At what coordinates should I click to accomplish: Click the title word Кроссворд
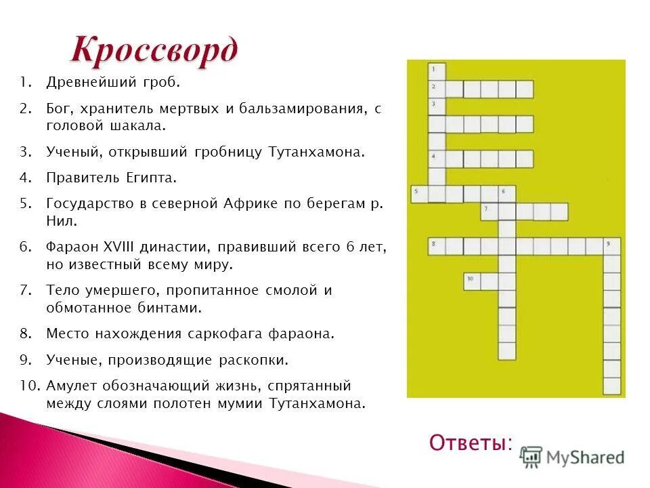coord(154,49)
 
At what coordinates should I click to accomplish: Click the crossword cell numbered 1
coord(437,70)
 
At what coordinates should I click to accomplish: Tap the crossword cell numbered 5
coord(419,194)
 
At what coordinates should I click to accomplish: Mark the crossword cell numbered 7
coord(489,211)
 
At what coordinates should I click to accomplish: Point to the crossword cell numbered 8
coord(437,246)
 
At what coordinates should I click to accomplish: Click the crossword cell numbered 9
coord(611,246)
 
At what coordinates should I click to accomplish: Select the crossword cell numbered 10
coord(472,281)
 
